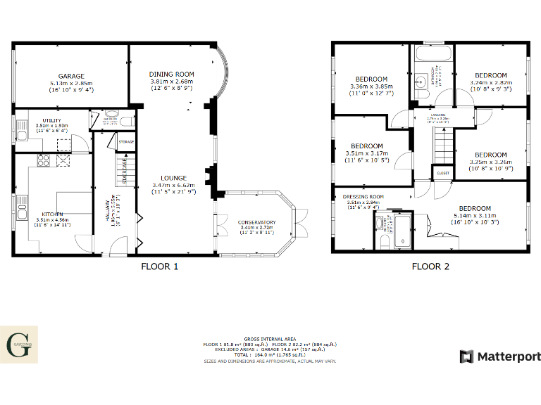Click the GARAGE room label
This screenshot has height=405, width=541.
point(72,76)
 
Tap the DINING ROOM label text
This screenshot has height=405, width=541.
point(171,74)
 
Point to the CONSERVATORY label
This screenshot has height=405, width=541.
point(256,222)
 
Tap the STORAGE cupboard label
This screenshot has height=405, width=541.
point(126,142)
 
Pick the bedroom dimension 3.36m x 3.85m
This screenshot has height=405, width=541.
point(371,86)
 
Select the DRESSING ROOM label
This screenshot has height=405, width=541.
point(363,197)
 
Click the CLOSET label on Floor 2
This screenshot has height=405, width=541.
point(443,172)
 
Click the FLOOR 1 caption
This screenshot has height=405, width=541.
point(160,266)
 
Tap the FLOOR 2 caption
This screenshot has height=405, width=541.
point(430,266)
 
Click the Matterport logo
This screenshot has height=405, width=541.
point(500,356)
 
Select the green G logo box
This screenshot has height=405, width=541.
point(18,345)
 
